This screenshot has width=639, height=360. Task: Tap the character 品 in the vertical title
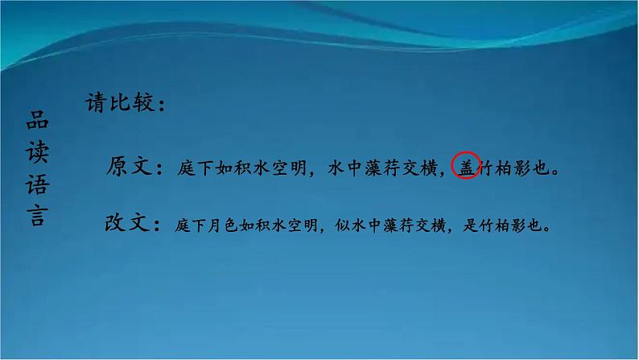click(36, 122)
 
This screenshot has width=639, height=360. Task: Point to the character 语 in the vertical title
click(36, 187)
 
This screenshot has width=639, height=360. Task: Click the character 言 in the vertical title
click(36, 217)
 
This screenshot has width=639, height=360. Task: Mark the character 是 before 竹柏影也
click(472, 226)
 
